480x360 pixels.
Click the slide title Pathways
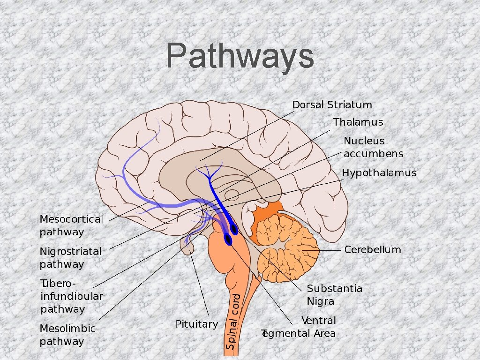tap(240, 56)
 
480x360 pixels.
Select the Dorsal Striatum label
tap(332, 105)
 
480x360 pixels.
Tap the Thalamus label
tap(358, 122)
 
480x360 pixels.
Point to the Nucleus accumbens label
tap(373, 147)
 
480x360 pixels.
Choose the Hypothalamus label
tap(379, 173)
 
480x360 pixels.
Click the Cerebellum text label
tap(373, 250)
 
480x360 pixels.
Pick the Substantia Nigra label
tap(334, 295)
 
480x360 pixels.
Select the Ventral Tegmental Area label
tap(300, 327)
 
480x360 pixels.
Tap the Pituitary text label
tap(196, 324)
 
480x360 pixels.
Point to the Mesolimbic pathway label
tap(67, 335)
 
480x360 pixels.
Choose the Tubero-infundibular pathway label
tap(71, 296)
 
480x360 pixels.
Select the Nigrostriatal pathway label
tap(70, 258)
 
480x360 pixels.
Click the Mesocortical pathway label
tap(71, 225)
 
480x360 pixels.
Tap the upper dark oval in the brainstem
tap(233, 229)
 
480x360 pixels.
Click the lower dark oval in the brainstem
tap(228, 240)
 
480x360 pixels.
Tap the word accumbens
tap(373, 154)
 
